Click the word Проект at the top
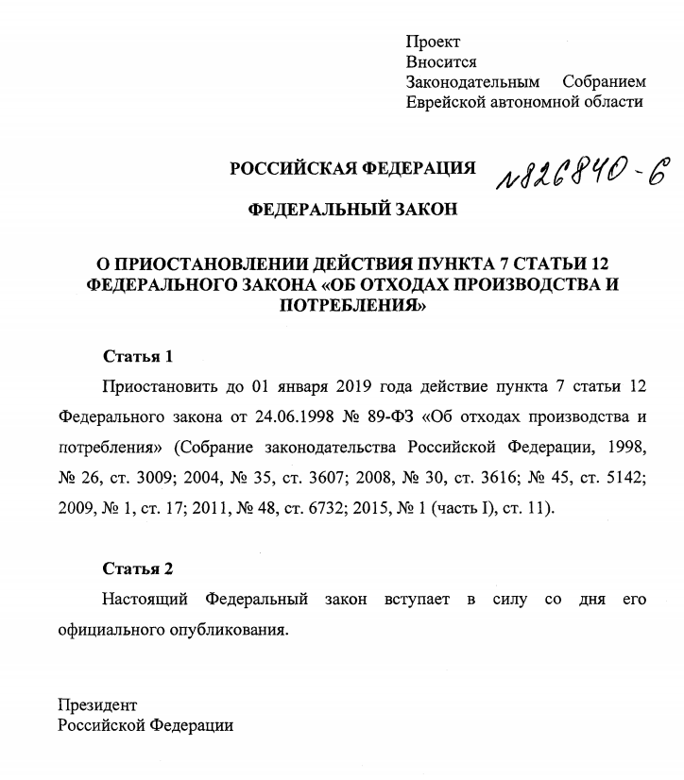click(433, 42)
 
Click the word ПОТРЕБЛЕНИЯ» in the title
click(352, 305)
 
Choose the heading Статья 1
click(138, 357)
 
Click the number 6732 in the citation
click(325, 508)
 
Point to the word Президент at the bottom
click(97, 704)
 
